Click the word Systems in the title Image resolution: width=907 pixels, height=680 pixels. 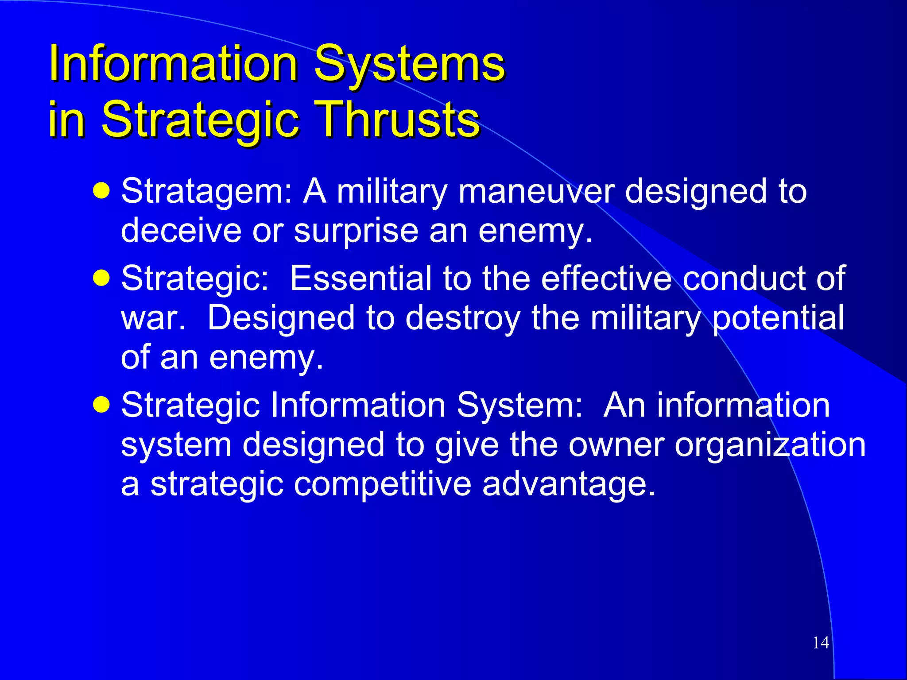409,64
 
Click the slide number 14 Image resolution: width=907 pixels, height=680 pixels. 821,642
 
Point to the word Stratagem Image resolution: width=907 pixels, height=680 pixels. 206,192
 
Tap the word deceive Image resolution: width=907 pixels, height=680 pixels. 181,231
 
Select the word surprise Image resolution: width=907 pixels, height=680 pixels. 356,232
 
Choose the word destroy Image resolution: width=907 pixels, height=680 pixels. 463,318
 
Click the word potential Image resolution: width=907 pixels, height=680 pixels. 778,318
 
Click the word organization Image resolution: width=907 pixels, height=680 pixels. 770,445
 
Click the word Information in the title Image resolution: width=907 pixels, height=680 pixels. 173,64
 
